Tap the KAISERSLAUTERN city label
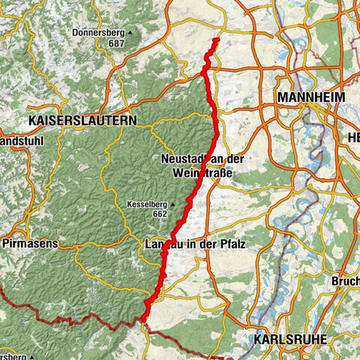coord(82,119)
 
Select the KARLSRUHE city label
coord(291,339)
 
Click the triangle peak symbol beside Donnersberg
coord(130,33)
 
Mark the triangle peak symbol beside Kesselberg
coord(172,202)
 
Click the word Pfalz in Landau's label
coord(232,244)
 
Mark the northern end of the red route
coord(216,39)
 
